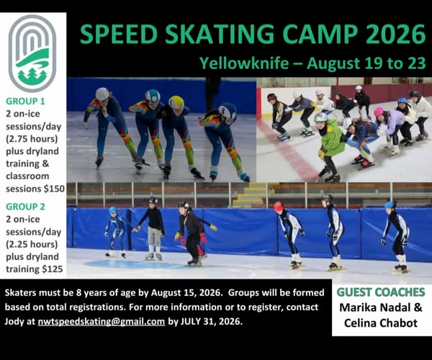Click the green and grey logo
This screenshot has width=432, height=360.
(32, 53)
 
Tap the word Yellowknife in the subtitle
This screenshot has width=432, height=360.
(244, 63)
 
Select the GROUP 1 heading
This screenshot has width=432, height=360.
(25, 102)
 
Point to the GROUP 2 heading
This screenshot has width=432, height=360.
(25, 207)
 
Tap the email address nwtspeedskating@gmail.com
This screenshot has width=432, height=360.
(102, 321)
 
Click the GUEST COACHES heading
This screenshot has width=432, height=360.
(381, 292)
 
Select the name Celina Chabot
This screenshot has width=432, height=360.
(381, 323)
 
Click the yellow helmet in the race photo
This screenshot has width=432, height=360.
(176, 102)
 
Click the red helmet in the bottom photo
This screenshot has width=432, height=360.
(278, 206)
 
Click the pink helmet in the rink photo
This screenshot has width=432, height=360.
(379, 112)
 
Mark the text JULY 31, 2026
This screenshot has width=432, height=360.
(211, 321)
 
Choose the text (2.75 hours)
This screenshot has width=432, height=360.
(32, 139)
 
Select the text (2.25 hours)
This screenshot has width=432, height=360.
(32, 244)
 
